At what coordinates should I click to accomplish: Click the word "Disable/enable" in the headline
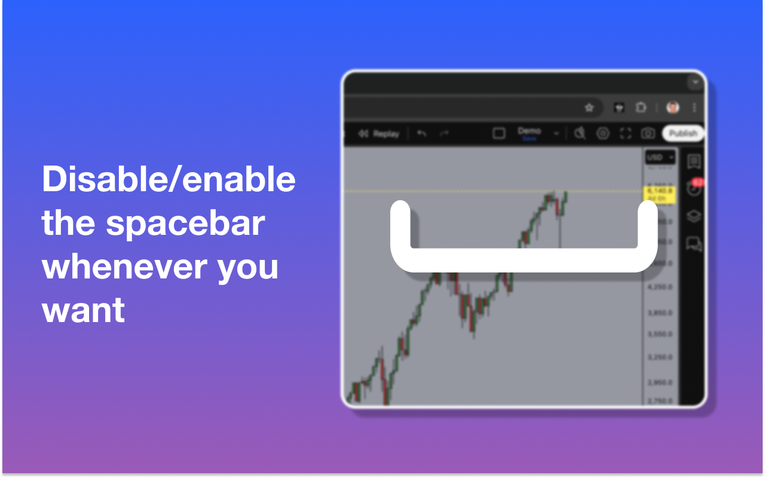[x=169, y=179]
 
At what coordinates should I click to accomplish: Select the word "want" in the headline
[x=83, y=310]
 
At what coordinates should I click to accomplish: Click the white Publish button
[x=683, y=133]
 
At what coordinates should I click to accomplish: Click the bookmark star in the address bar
[x=589, y=108]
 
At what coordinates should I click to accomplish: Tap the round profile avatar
[x=673, y=108]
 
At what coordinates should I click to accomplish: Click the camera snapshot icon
[x=648, y=133]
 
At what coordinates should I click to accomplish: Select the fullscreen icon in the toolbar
[x=626, y=133]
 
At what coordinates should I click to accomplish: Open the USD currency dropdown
[x=660, y=158]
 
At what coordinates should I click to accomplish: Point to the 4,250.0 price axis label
[x=660, y=287]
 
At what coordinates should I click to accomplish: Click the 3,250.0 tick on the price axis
[x=660, y=357]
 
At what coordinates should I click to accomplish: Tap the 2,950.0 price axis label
[x=660, y=382]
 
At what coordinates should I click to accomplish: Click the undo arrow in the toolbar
[x=422, y=133]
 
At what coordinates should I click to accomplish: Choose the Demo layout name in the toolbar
[x=529, y=131]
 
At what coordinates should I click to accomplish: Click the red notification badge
[x=697, y=182]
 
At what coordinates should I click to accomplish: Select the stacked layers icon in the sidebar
[x=694, y=216]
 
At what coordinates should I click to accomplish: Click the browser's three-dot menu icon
[x=694, y=108]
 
